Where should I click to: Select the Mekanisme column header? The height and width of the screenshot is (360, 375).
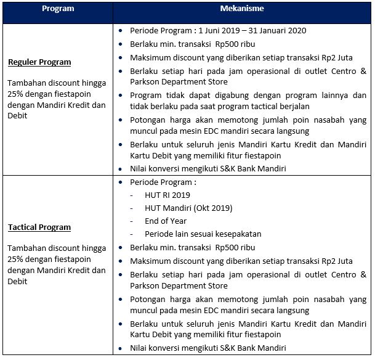tap(242, 9)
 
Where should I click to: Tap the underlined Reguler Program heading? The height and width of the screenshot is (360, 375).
tap(39, 62)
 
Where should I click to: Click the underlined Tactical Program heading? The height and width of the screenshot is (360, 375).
tap(40, 227)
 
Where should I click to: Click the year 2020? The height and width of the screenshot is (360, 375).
tap(297, 31)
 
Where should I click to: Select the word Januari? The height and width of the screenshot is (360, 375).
tap(268, 31)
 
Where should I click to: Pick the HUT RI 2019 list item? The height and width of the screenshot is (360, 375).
tap(167, 195)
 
